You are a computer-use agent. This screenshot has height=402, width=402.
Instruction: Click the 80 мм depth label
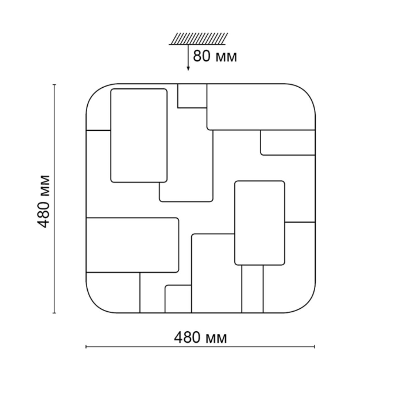click(x=215, y=56)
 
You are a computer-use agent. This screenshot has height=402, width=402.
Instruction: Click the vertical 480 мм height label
click(x=44, y=201)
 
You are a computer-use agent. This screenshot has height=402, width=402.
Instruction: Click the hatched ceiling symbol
click(x=198, y=39)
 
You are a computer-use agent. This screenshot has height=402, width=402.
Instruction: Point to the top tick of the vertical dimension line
click(x=54, y=85)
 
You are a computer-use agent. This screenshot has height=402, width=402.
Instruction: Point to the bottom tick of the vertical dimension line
click(x=54, y=313)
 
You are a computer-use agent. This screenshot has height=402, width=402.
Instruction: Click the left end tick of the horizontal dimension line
click(x=86, y=347)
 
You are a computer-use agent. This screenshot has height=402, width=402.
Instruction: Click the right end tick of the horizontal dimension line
click(x=314, y=347)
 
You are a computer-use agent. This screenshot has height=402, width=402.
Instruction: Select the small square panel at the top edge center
click(x=192, y=96)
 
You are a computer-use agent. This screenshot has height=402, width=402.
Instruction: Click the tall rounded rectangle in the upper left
click(x=139, y=136)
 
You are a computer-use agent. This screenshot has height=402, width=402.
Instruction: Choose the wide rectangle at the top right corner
click(x=261, y=107)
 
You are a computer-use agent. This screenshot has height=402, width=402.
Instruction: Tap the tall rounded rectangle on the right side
click(x=260, y=223)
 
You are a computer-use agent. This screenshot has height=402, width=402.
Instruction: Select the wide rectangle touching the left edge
click(x=133, y=245)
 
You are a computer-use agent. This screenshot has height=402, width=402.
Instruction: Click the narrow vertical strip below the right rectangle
click(x=253, y=289)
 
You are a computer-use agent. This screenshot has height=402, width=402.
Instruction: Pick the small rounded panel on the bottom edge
click(x=178, y=299)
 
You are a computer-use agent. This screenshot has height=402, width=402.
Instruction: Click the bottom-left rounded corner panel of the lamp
click(x=113, y=292)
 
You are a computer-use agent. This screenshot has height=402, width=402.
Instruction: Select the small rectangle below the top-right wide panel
click(x=288, y=143)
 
